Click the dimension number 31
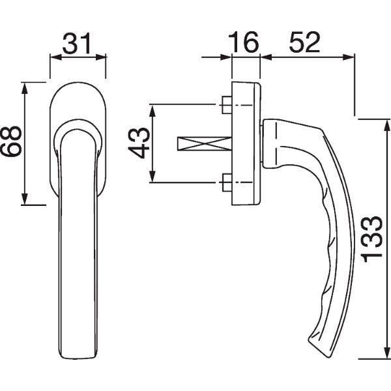tap(77, 43)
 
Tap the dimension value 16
tap(243, 42)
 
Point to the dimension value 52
tap(304, 42)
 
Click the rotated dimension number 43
tap(139, 143)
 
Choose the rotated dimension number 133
tap(372, 239)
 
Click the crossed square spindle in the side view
tap(205, 143)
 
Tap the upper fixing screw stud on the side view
tap(227, 105)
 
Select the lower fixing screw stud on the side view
tap(227, 182)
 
